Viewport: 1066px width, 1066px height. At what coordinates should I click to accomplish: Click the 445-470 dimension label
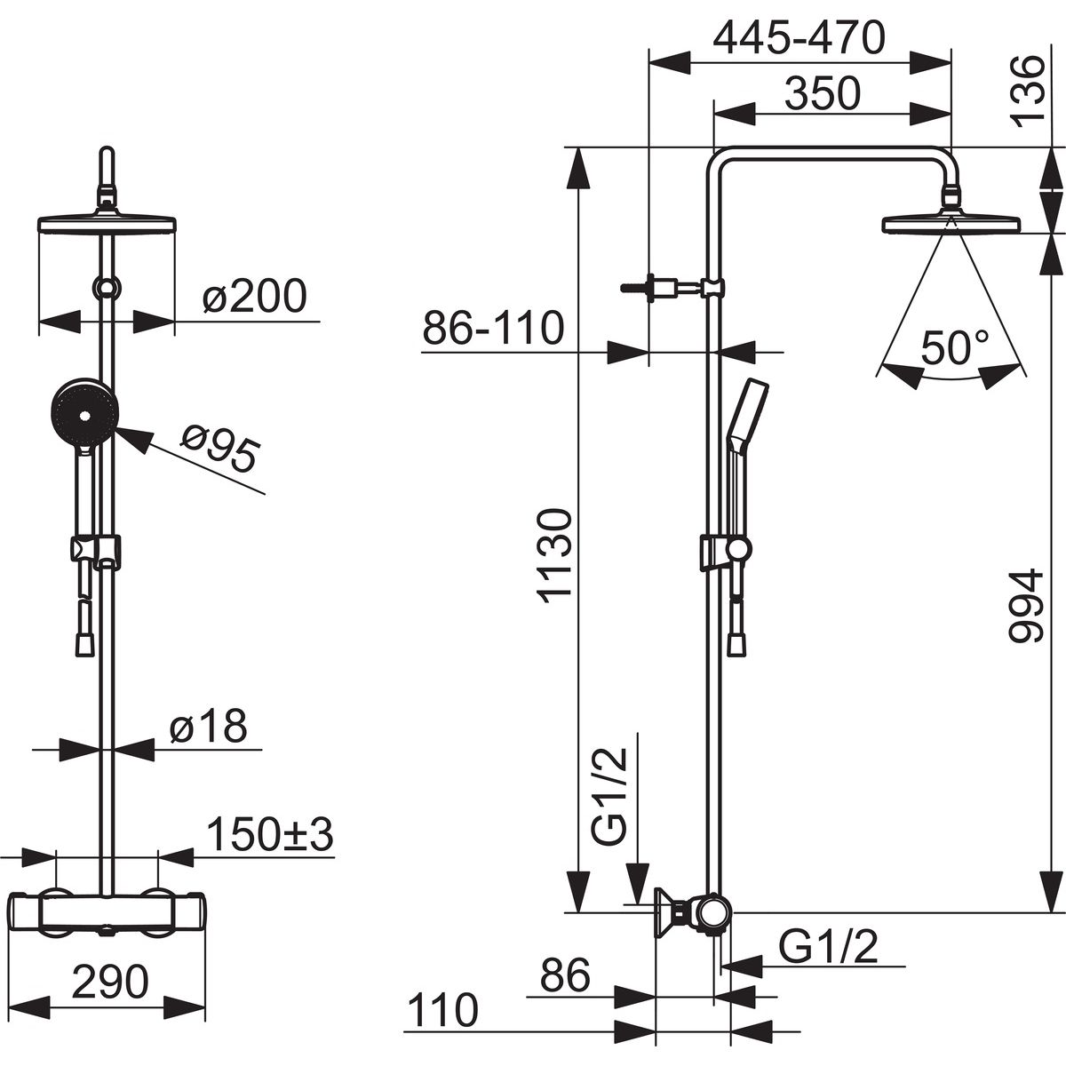(799, 37)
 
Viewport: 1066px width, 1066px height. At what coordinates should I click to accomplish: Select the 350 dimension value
(823, 93)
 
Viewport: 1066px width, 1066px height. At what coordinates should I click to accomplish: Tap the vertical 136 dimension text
(1027, 91)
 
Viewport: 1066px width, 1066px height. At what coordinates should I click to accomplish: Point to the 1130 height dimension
(553, 555)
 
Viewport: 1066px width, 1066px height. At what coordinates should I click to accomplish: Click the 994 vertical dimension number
(1027, 605)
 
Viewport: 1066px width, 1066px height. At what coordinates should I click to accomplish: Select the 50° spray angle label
(955, 346)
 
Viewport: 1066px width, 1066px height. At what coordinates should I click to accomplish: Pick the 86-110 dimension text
(493, 328)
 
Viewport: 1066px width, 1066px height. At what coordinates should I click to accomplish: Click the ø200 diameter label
(254, 296)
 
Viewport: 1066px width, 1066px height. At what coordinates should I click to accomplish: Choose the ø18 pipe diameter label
(209, 726)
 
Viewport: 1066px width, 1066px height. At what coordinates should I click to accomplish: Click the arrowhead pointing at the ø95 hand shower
(132, 439)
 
